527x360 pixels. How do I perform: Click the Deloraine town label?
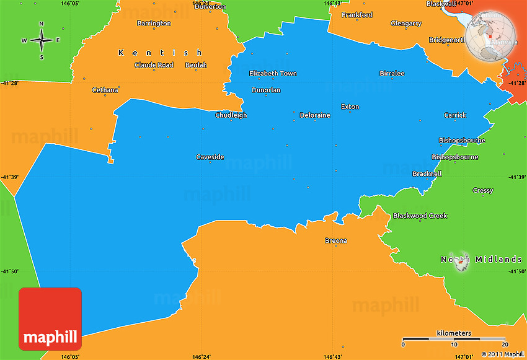315,115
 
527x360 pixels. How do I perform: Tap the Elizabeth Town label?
273,74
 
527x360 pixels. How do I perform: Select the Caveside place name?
210,157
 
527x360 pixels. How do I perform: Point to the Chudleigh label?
231,115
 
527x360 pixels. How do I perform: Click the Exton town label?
350,107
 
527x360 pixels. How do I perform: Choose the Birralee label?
392,74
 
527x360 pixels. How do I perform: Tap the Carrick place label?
455,115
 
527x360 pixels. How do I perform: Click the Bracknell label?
427,174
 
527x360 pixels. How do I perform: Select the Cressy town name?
483,191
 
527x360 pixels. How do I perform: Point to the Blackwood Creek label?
420,216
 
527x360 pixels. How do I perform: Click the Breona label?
336,241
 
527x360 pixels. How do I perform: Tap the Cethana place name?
105,90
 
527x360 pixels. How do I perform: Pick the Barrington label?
154,24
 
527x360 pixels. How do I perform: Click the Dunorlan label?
266,90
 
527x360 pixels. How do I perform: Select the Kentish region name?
161,53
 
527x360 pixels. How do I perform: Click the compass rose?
42,41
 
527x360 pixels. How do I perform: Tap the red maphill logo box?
50,318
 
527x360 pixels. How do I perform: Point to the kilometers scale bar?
454,340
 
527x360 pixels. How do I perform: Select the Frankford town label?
357,15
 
